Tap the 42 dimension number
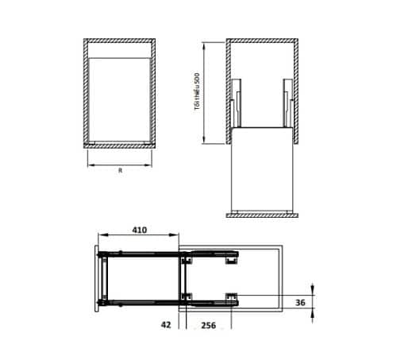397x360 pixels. coord(166,325)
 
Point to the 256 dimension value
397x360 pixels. coord(209,325)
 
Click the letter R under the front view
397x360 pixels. coord(119,171)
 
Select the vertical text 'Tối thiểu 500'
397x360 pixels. coord(196,93)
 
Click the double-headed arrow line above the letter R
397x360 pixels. coord(119,165)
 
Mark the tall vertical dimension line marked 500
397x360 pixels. coord(205,91)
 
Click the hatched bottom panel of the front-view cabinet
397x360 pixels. coord(119,145)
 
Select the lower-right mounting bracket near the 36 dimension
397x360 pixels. coord(231,297)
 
